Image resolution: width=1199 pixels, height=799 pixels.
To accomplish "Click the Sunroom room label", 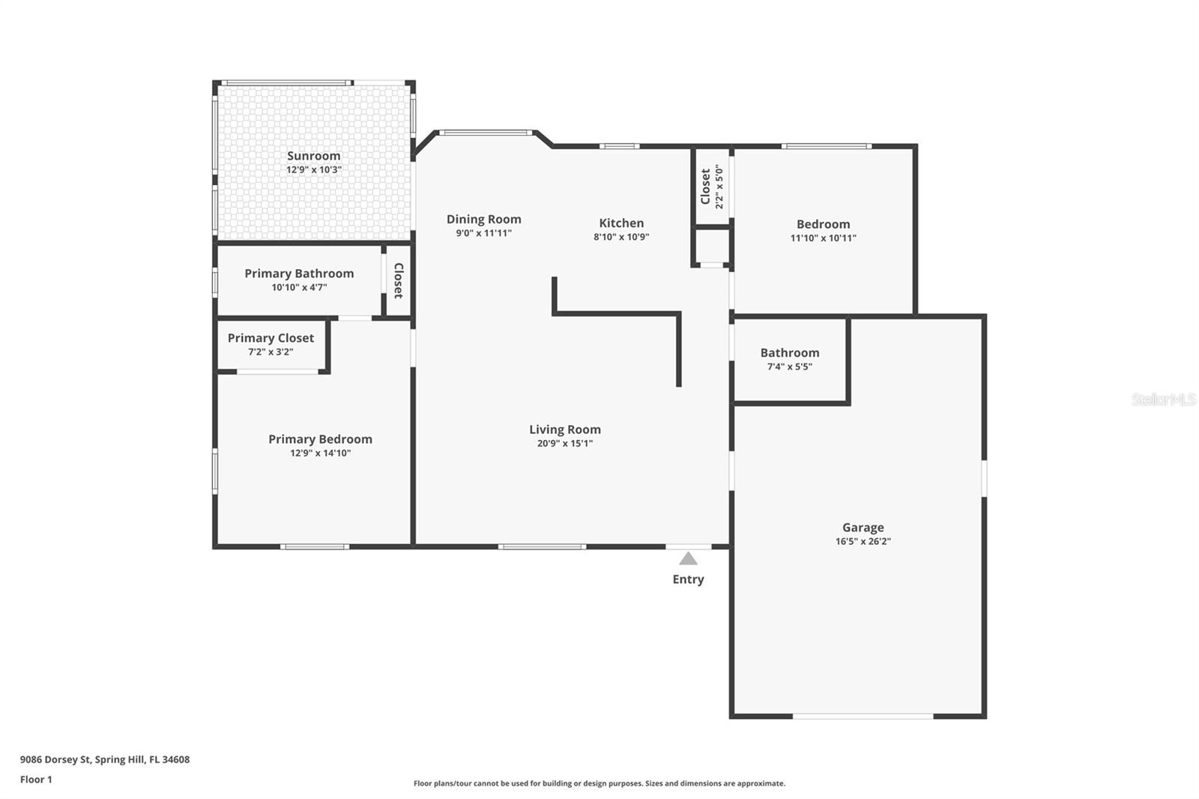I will coord(313,156).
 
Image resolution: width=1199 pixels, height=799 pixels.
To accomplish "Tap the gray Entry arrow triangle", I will coord(688,559).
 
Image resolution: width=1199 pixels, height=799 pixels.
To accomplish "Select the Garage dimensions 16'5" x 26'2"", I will coord(863,541).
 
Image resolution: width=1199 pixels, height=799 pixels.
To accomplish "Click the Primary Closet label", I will coord(271,338).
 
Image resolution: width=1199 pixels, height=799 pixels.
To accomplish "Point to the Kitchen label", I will coord(621,223).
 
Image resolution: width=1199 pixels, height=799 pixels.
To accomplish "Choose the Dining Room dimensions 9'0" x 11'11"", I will coord(483,233).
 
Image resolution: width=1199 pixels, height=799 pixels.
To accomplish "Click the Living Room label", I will coord(565,429).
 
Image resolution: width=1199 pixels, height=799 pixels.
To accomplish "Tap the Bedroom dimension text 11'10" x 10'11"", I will coord(823,238).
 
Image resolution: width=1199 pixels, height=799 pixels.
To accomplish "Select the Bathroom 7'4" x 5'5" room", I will coord(789,360).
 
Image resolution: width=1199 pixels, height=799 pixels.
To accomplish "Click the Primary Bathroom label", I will coord(299,274).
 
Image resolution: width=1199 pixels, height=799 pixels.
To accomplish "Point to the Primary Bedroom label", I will coord(320,439).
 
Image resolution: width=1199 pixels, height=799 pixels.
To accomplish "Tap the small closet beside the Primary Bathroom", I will coord(398,280).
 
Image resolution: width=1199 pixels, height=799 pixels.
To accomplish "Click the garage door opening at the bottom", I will coord(863,717).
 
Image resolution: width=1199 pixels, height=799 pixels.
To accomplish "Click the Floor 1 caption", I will coord(36,780).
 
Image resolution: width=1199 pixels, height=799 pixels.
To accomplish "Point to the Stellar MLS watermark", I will coord(1163,399).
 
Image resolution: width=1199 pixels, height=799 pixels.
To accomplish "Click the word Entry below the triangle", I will coord(688,579).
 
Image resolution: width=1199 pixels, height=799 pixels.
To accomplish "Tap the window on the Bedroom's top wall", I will coord(826,146).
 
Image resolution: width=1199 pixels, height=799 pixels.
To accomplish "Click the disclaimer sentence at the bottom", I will coord(599,783).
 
